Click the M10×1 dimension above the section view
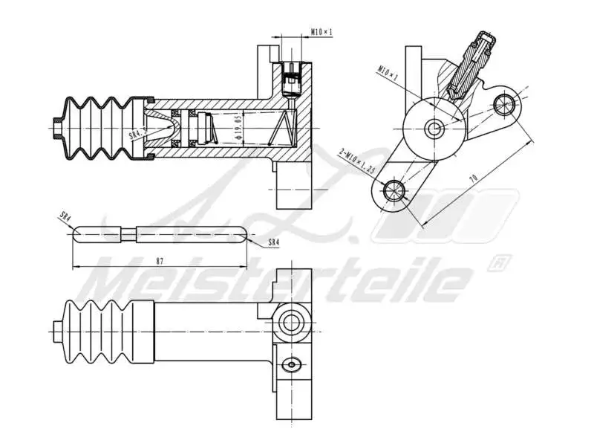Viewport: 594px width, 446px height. [x=322, y=33]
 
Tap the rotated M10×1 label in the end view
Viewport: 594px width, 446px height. [x=388, y=75]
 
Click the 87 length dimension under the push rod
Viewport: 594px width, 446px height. [x=160, y=261]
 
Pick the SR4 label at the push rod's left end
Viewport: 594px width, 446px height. [x=65, y=218]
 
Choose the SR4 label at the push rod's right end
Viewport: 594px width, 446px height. [x=272, y=242]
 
